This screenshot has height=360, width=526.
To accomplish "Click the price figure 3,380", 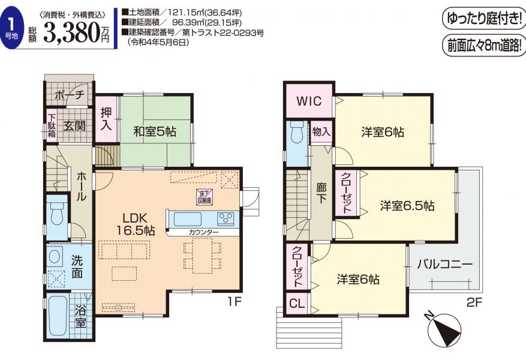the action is pos(72,32).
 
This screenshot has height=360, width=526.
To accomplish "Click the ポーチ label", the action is pos(69,95).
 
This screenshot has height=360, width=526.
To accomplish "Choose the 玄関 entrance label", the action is pos(74,127).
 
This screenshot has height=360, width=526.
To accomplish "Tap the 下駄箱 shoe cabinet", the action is pos(52,126).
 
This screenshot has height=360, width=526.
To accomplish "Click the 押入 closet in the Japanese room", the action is pos(106,119).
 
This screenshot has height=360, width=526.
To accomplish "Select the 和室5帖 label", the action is pos(155,131).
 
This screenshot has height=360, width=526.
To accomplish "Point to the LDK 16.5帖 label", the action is pos(135,224).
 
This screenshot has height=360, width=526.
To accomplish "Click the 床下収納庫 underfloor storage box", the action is pos(205,197).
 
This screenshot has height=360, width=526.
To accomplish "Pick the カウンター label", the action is pos(203,232).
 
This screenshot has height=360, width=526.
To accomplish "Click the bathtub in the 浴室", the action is pos(58,316).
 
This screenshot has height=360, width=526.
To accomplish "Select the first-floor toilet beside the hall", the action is pos(57,214).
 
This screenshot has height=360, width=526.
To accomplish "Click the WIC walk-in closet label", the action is pos(309,101).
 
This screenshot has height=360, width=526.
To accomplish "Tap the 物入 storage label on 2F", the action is pos(321,132).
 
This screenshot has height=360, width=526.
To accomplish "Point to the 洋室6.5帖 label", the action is pos(407,206).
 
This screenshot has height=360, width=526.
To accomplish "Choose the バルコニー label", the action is pos(445,265).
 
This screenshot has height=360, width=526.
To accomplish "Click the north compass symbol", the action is pos(444,329).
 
